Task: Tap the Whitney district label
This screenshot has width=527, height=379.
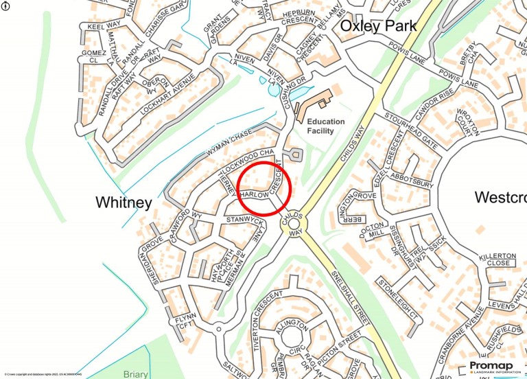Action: (x=124, y=202)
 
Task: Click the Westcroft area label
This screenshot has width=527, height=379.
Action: (x=500, y=198)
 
